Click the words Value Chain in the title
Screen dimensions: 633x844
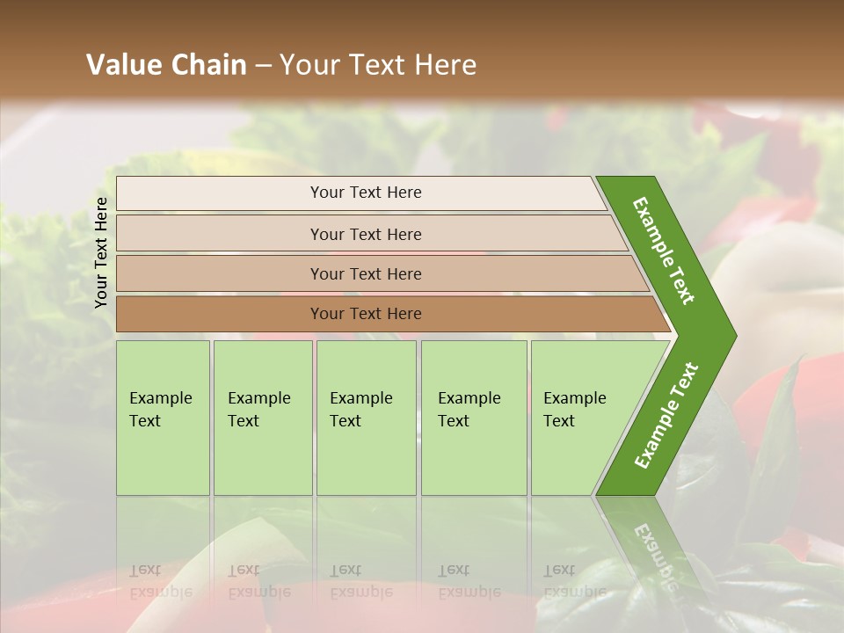[x=166, y=65]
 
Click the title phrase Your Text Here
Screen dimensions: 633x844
[x=378, y=65]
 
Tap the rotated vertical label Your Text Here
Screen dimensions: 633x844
[x=101, y=252]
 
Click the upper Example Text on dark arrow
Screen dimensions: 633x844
[x=664, y=251]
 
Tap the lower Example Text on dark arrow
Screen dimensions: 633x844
[x=666, y=416]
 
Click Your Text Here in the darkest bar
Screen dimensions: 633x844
[x=366, y=314]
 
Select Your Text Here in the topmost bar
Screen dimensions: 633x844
[x=366, y=193]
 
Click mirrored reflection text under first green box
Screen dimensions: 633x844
[x=160, y=581]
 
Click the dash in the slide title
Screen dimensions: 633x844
[x=263, y=66]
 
